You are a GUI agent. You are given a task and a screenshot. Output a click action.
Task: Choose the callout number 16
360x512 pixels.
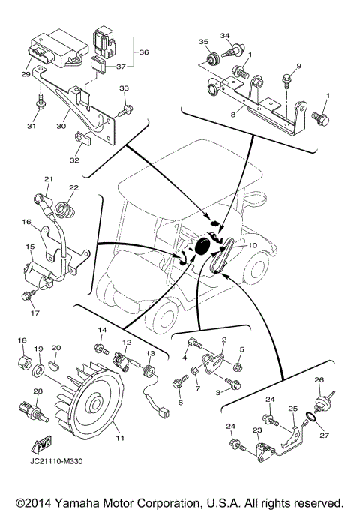pyautogui.click(x=26, y=223)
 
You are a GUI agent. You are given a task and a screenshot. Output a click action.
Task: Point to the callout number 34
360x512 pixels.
pyautogui.click(x=225, y=36)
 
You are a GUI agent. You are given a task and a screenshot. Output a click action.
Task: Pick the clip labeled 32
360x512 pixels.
pyautogui.click(x=83, y=138)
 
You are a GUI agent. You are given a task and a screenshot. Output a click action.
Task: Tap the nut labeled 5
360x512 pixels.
pyautogui.click(x=238, y=366)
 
